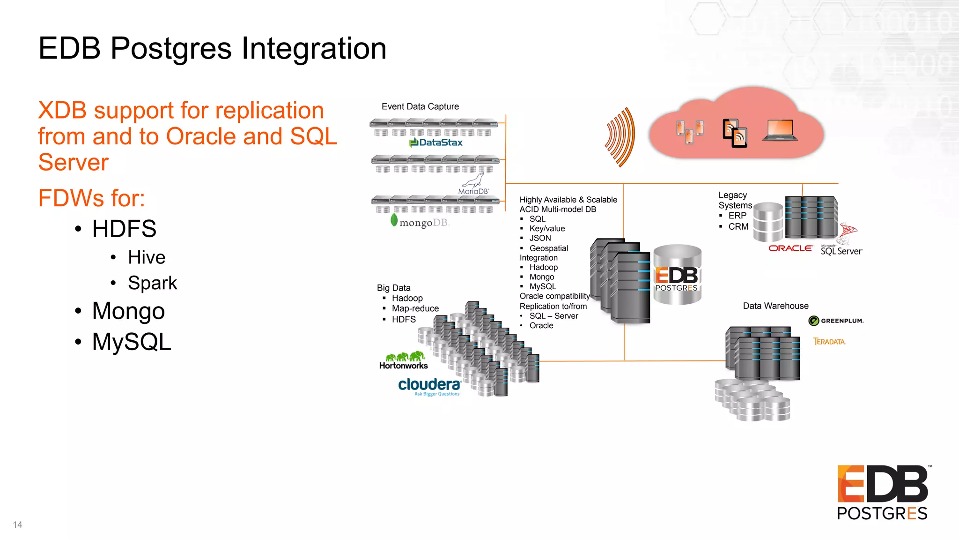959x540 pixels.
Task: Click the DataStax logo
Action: pos(436,142)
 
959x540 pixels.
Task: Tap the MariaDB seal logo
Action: pos(473,184)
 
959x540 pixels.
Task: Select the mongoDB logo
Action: pos(420,222)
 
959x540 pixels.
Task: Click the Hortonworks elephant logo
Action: pos(404,360)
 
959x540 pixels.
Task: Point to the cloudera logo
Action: pos(429,386)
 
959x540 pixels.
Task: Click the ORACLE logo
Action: pos(790,248)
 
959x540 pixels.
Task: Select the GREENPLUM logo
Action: pos(836,321)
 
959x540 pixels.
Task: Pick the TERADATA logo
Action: pos(829,342)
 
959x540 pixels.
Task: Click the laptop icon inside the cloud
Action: pos(780,130)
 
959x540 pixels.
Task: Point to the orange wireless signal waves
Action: pos(620,137)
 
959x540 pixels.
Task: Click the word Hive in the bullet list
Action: pos(147,257)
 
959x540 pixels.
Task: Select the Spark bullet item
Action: pos(152,283)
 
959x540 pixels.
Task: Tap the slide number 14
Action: pos(17,525)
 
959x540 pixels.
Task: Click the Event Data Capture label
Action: pos(420,106)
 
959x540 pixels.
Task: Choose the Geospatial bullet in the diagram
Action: pos(548,248)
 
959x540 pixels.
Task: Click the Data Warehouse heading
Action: pos(775,306)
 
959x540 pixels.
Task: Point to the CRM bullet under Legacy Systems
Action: pos(738,226)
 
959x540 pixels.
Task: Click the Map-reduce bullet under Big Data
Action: pos(415,308)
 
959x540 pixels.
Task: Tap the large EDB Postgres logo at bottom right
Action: pos(883,492)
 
